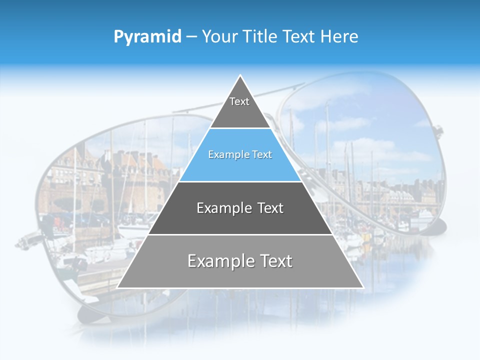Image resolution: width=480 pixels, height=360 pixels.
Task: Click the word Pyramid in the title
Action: click(147, 37)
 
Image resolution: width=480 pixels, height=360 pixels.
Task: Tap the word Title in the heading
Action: click(263, 36)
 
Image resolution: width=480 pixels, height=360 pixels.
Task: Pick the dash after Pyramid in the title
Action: click(191, 37)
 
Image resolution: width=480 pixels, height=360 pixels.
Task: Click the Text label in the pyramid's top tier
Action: click(239, 101)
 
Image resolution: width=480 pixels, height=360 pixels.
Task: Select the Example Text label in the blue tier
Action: click(240, 155)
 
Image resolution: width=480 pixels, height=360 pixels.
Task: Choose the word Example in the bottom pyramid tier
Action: click(216, 261)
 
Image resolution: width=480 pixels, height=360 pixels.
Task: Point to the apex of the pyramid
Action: click(240, 76)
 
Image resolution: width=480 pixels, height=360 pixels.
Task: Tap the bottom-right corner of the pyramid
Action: click(362, 287)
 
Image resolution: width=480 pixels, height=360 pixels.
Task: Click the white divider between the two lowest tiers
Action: click(240, 234)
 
